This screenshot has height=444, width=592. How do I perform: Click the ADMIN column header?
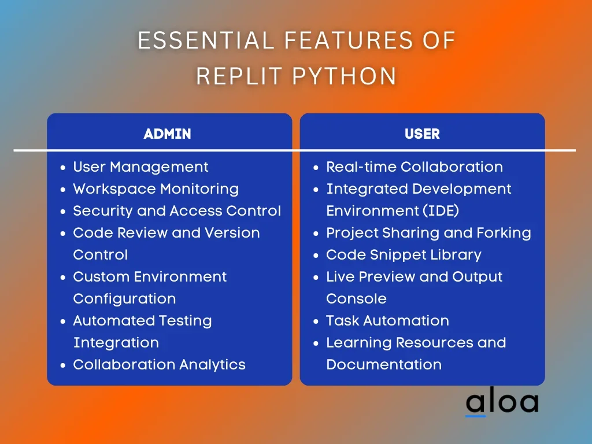coord(167,134)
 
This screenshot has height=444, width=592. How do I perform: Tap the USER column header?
coord(422,134)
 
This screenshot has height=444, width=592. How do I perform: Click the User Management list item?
coord(140,167)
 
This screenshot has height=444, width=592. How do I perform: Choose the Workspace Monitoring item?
coord(156,189)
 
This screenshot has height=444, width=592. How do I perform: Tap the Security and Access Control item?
coord(177,211)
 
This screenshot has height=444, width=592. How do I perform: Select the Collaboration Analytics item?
coord(159,365)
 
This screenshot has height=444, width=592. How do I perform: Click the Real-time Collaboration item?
coord(415,167)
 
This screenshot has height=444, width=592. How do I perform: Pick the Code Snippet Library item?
coord(404,255)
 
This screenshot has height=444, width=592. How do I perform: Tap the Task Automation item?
coord(387,321)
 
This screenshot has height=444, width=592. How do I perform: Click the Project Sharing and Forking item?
coord(428,233)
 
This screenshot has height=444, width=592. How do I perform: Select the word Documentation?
coord(384,365)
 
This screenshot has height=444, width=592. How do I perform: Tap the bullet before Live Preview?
coord(316,277)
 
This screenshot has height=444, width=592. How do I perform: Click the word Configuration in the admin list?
coord(124,299)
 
